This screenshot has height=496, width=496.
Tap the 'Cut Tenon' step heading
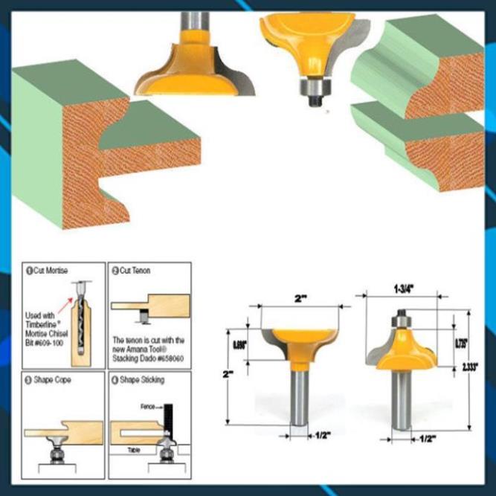(134, 270)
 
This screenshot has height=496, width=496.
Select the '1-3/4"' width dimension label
(402, 285)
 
